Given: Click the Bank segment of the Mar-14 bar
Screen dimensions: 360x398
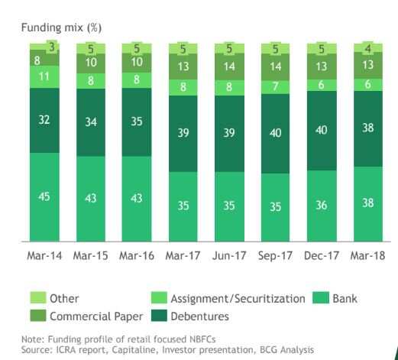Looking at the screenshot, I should pyautogui.click(x=44, y=197).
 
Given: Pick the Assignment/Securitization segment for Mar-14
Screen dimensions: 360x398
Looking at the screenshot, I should pyautogui.click(x=44, y=77).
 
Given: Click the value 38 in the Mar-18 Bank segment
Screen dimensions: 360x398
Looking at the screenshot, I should pyautogui.click(x=369, y=204).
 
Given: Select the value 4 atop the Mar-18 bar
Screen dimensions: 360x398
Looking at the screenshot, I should pyautogui.click(x=369, y=47).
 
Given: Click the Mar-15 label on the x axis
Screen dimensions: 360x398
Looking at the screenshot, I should pyautogui.click(x=91, y=255).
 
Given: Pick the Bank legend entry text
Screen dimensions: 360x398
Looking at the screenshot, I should pyautogui.click(x=345, y=298).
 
